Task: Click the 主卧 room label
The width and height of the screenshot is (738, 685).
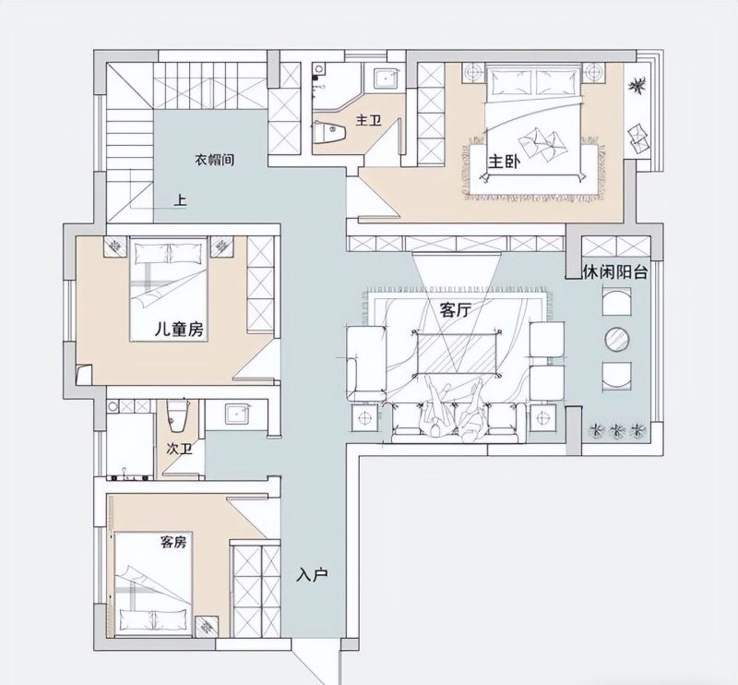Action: click(x=504, y=162)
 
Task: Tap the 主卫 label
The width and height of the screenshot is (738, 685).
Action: click(x=368, y=121)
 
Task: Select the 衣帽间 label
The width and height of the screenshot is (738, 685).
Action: click(x=215, y=160)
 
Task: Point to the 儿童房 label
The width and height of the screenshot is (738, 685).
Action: click(x=179, y=330)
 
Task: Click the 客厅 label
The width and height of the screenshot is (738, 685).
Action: click(x=456, y=310)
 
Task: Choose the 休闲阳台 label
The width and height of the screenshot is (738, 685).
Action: click(x=615, y=271)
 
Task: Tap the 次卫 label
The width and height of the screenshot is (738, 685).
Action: click(x=180, y=449)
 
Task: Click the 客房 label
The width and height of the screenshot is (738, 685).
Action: click(x=173, y=542)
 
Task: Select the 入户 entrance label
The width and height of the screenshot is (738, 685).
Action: click(x=312, y=575)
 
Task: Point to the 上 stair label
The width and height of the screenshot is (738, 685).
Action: click(x=180, y=200)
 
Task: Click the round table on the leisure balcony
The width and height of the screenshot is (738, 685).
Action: click(x=617, y=339)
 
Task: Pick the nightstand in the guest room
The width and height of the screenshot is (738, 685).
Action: click(x=206, y=627)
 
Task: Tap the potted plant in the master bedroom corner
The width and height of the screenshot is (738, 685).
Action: click(x=637, y=86)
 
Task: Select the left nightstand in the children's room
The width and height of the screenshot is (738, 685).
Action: click(x=114, y=246)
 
